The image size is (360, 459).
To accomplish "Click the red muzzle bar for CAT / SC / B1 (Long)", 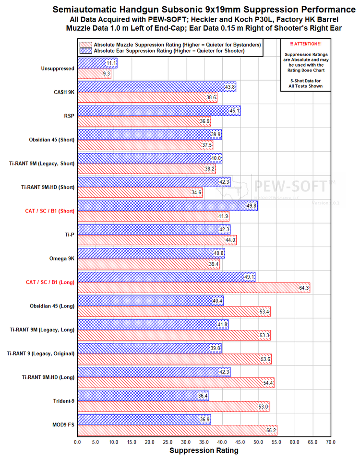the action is tap(194, 288).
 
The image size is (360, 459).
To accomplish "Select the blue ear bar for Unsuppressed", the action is tap(97, 63).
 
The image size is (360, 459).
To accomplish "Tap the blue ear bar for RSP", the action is tap(159, 111).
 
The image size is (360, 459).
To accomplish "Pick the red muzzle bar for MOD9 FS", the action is tap(178, 430).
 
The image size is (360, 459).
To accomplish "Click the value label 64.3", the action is tap(304, 288).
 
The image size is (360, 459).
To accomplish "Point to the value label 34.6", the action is tap(196, 193).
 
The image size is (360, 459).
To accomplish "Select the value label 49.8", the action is tap(252, 206).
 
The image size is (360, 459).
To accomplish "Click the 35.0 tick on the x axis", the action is tap(204, 442).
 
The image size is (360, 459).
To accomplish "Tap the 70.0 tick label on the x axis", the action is tap(331, 442).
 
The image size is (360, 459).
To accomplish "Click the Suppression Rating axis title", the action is tap(204, 450).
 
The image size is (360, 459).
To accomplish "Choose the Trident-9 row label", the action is tap(63, 401).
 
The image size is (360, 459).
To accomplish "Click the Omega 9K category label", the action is tap(62, 259).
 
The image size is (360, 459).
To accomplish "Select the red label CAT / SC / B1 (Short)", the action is tap(50, 211).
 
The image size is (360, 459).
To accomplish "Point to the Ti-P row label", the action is tap(70, 235).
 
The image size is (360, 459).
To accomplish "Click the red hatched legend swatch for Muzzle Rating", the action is tap(86, 45).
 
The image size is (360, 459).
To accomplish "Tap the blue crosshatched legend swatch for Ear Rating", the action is tap(86, 51).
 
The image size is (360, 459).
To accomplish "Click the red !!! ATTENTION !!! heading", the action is tap(305, 44).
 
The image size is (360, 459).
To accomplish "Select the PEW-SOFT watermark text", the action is tap(290, 186).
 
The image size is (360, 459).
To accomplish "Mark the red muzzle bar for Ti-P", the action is tap(157, 240).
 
